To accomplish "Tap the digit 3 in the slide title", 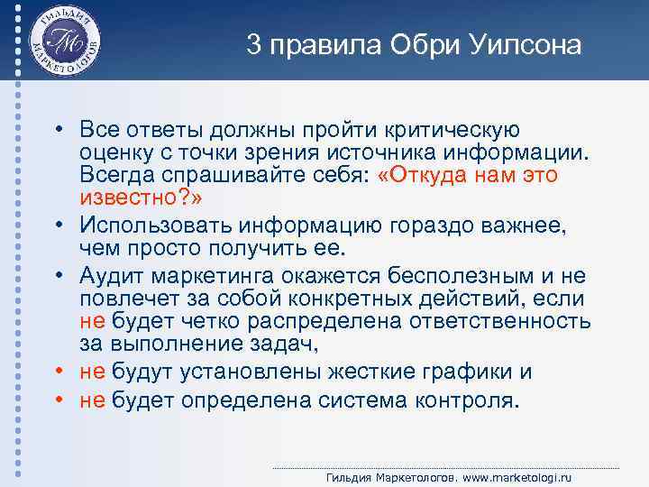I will click(x=254, y=46).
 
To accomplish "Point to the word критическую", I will click(x=452, y=131).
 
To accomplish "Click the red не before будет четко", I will click(x=93, y=322).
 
